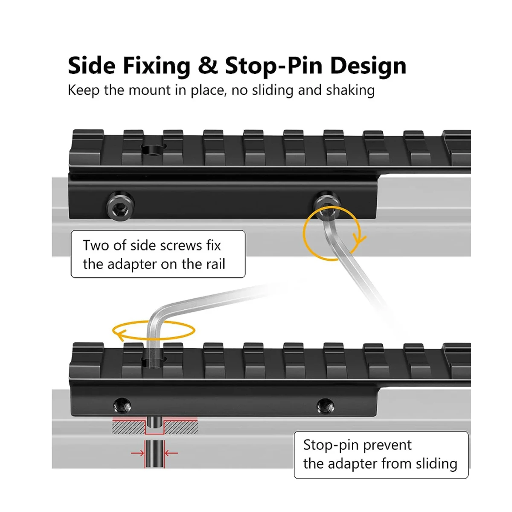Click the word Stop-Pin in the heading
(x=273, y=66)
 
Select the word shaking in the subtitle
(x=350, y=90)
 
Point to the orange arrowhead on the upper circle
(x=360, y=240)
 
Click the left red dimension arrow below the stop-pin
(x=137, y=453)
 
